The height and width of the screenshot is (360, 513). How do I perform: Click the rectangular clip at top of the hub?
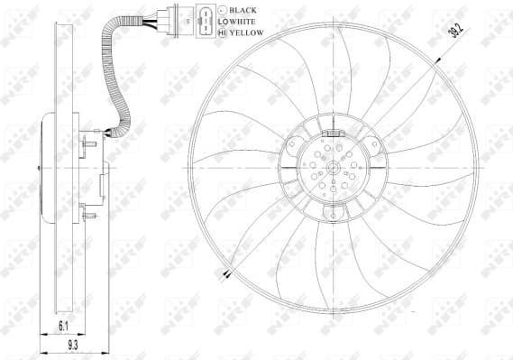(330, 131)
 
